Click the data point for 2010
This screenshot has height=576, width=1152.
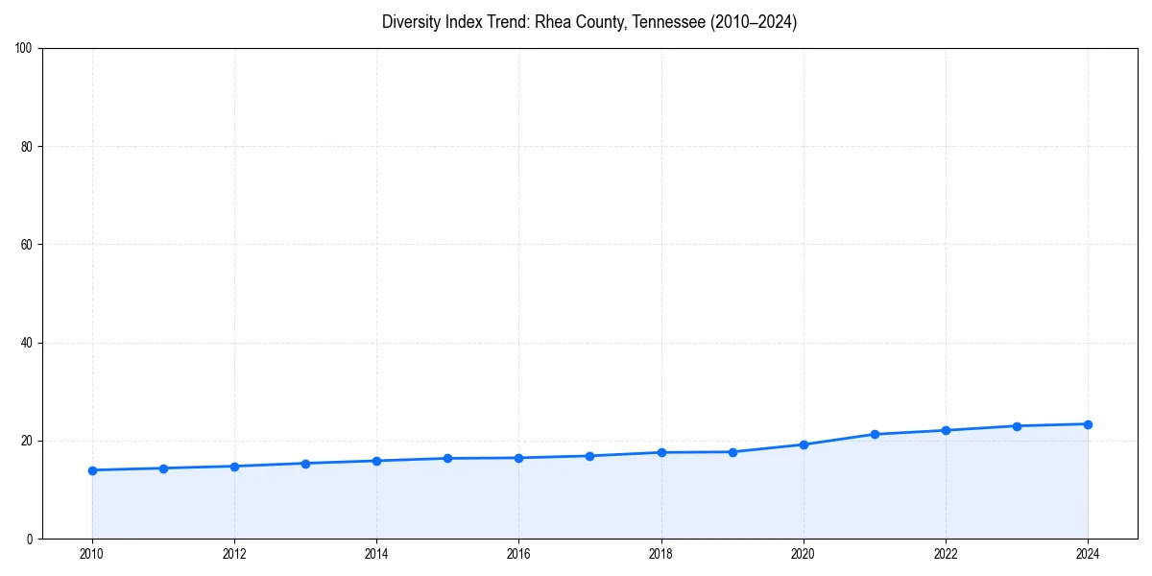(92, 470)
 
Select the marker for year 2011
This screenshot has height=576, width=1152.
(163, 468)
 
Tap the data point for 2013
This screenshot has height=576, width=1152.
(305, 464)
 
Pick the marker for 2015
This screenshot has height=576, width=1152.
(447, 458)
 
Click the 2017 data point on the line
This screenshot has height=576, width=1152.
(589, 456)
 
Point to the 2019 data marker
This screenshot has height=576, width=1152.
(732, 452)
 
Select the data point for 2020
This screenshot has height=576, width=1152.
(804, 444)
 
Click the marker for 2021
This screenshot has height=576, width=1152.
(875, 434)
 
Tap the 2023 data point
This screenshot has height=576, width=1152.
(1017, 426)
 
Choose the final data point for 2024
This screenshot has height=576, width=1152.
(1088, 424)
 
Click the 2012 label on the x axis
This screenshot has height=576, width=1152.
(234, 554)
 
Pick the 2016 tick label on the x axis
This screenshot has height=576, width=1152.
(518, 554)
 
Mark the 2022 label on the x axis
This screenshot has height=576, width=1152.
(946, 554)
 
